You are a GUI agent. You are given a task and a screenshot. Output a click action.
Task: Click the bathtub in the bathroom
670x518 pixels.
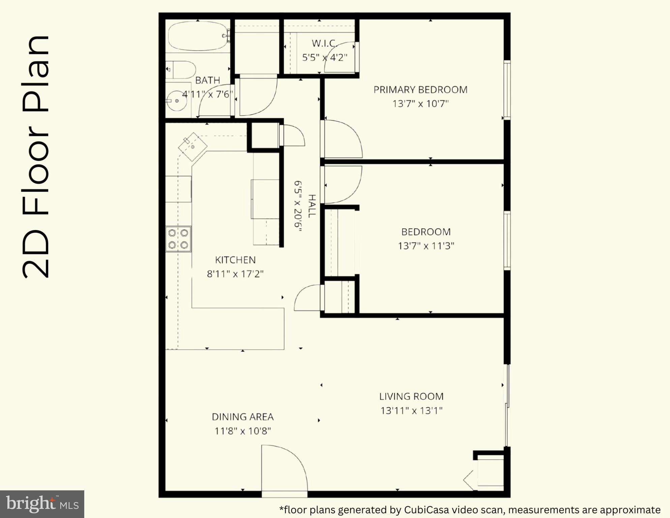point(197,36)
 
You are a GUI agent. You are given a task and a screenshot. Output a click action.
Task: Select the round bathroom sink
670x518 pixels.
point(177,100)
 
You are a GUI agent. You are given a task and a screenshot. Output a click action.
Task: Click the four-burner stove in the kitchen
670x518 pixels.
point(178,239)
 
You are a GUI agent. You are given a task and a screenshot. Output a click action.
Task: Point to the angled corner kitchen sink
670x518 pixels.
point(192,147)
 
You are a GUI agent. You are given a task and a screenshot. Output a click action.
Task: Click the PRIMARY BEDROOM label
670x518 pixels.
point(420,90)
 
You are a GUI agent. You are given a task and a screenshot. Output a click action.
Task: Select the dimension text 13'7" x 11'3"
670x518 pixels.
point(426,246)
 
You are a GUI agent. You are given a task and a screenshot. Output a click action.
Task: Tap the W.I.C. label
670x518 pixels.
point(324,43)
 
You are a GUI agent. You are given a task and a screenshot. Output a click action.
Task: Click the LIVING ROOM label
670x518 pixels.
point(411,397)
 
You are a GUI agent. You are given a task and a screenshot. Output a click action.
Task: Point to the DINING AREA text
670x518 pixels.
point(243,417)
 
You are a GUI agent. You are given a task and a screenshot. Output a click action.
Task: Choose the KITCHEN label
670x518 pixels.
point(235,260)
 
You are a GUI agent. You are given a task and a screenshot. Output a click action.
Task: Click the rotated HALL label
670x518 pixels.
point(312,206)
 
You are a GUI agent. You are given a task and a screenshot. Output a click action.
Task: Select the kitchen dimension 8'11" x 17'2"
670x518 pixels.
point(235,274)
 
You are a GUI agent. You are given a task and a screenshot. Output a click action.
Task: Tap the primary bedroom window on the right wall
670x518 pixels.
point(507,90)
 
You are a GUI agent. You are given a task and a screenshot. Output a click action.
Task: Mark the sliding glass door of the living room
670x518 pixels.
point(507,405)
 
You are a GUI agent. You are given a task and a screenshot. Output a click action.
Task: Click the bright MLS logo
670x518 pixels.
point(42,504)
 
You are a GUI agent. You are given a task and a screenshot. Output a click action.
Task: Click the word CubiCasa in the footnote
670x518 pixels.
point(427,510)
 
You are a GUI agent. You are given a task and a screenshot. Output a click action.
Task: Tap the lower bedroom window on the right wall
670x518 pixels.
point(507,240)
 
